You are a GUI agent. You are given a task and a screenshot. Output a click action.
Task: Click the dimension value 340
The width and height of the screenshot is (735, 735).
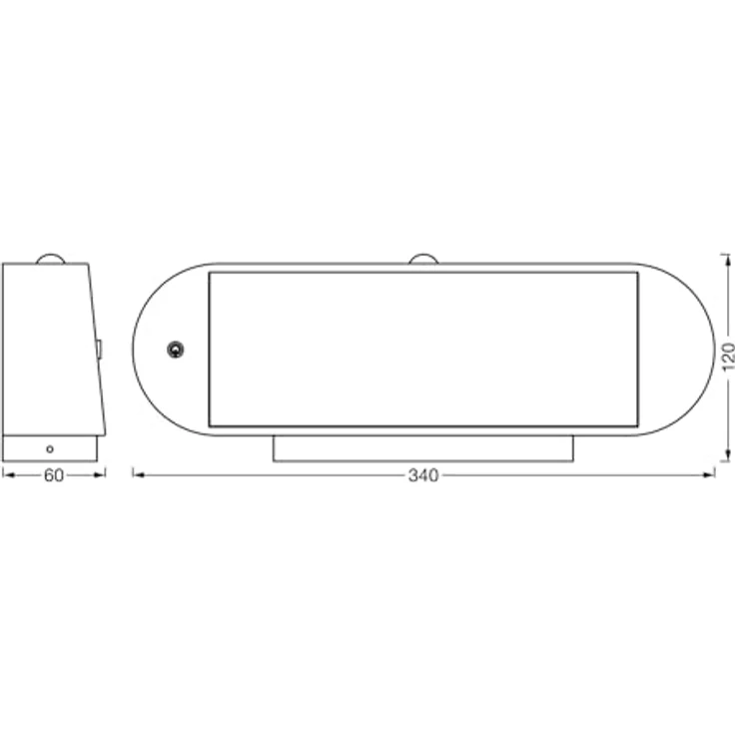(423, 475)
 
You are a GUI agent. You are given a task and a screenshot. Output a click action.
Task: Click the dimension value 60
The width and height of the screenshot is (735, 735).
(54, 475)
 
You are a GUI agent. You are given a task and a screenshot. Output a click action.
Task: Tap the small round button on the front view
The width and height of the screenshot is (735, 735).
(175, 350)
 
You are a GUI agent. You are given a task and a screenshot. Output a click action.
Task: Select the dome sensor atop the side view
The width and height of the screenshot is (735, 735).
(50, 259)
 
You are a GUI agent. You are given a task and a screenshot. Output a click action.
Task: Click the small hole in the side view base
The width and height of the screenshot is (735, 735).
(50, 448)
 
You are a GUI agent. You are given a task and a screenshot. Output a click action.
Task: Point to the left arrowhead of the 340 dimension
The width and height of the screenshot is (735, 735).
(138, 475)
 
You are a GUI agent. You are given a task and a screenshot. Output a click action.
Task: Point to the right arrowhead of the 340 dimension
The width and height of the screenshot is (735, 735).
(710, 475)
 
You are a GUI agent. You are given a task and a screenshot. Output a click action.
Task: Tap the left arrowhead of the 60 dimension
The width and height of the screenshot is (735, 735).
(7, 475)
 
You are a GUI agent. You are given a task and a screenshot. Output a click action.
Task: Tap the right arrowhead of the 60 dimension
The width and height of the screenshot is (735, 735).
(101, 475)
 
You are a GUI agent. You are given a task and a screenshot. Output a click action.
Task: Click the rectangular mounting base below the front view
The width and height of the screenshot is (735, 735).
(423, 448)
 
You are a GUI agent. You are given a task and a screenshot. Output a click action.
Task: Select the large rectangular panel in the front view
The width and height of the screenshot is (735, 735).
(423, 350)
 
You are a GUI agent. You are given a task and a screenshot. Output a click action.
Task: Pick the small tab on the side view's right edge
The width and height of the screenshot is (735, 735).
(100, 349)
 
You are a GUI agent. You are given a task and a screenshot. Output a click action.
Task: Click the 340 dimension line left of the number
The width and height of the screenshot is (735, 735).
(270, 475)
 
